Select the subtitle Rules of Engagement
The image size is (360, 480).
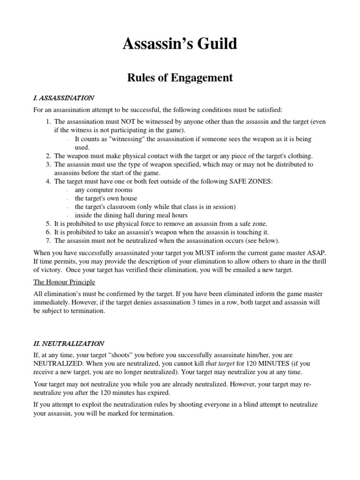[x=180, y=78]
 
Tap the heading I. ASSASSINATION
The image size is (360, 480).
[x=64, y=98]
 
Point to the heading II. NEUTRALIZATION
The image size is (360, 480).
[x=69, y=344]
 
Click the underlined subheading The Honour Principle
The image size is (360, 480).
[x=64, y=282]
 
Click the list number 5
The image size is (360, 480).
[x=48, y=224]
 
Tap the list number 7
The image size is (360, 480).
[x=48, y=241]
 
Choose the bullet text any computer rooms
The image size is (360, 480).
[x=104, y=190]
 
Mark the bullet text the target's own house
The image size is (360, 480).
[x=105, y=198]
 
